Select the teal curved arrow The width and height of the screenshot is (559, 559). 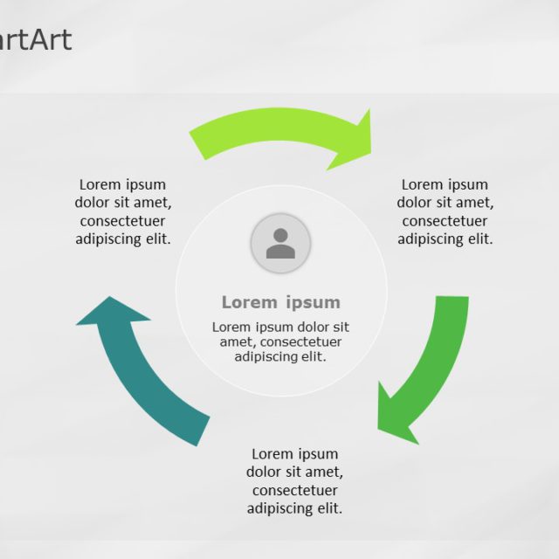point(148,376)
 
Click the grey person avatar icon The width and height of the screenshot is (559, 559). point(280,243)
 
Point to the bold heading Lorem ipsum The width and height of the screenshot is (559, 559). point(280,302)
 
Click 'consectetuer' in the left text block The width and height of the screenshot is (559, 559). point(123,221)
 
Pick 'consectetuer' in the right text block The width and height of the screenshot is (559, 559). point(445,221)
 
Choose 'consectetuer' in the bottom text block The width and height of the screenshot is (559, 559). point(295,490)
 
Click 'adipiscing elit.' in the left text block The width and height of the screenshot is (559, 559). point(123,238)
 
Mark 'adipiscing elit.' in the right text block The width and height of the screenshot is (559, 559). point(445,238)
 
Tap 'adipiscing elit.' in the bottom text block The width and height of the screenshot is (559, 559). point(295,508)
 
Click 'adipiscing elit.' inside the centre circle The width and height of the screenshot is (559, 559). point(280,356)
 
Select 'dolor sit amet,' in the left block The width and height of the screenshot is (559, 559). point(123,203)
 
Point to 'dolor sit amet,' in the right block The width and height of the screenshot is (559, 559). point(445,203)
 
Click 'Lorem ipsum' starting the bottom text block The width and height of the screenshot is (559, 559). point(295,454)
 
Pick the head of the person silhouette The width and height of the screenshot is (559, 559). point(280,235)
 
